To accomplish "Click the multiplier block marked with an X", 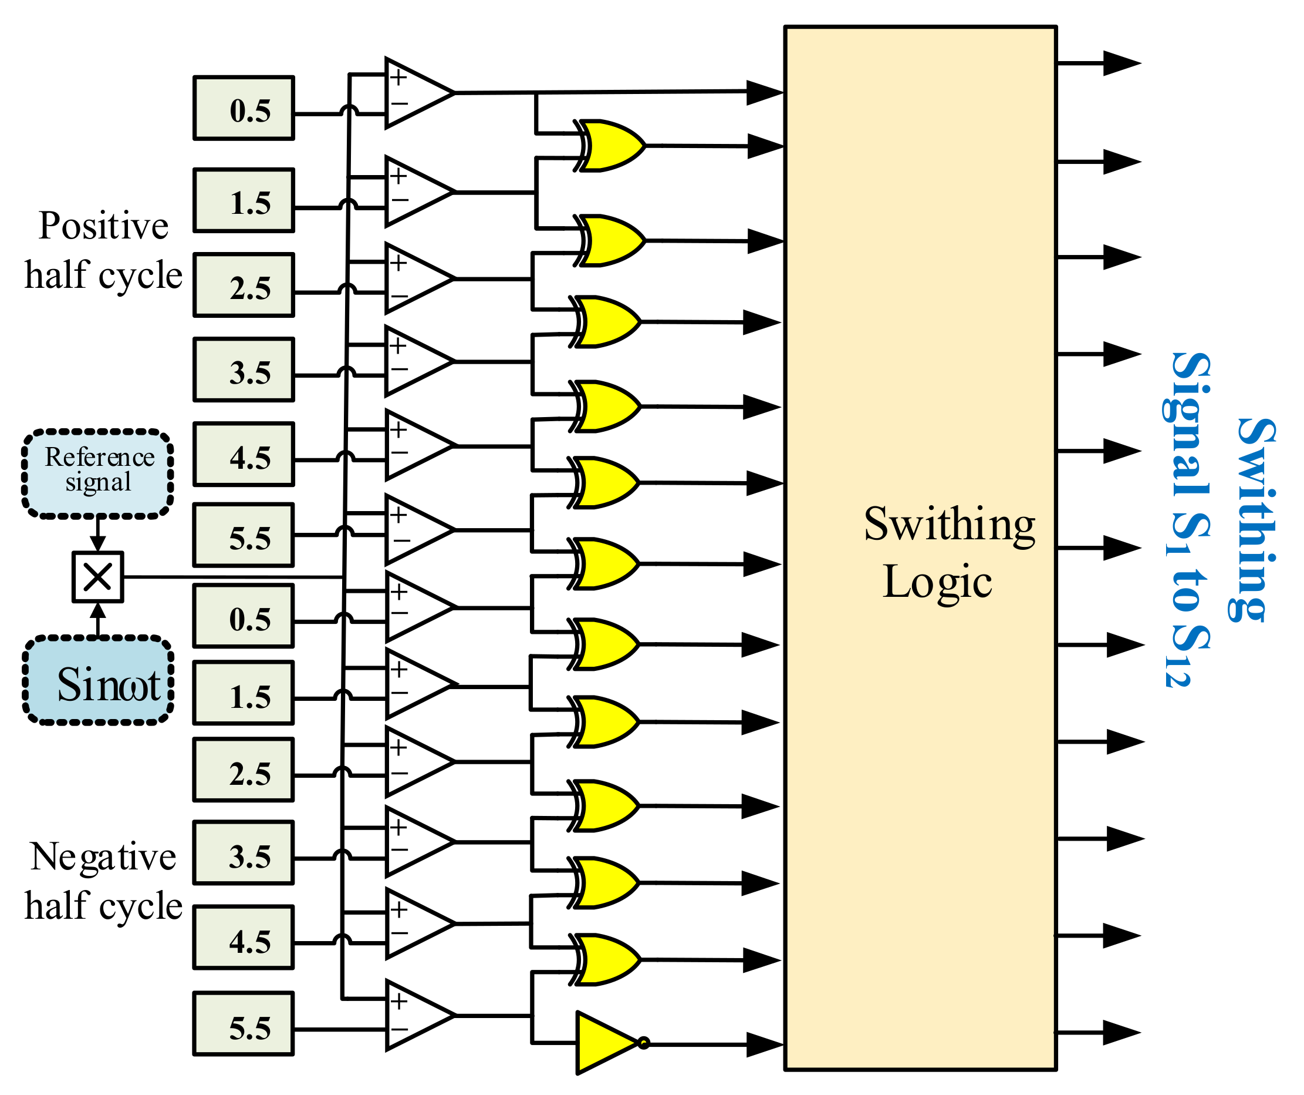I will (x=97, y=577).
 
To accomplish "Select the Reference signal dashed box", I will (x=97, y=473).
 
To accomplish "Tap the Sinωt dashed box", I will (x=97, y=680).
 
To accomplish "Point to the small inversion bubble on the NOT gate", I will (x=643, y=1043).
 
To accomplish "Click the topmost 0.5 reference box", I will (x=244, y=108).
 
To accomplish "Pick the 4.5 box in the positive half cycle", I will (x=244, y=454).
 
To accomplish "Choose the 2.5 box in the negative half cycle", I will (x=244, y=770).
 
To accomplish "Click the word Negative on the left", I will (x=103, y=857).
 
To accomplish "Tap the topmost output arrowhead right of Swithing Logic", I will (x=1121, y=63).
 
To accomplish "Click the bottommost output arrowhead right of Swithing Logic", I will (x=1121, y=1032).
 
